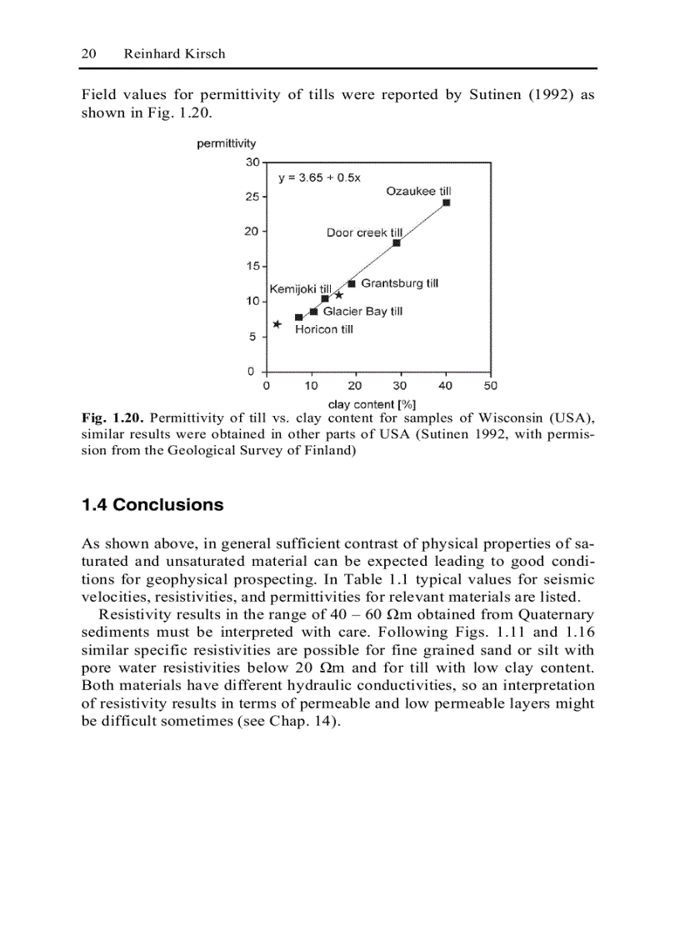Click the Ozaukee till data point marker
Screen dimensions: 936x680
tap(447, 203)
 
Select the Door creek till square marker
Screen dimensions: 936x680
tap(397, 243)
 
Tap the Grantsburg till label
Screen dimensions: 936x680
tap(399, 283)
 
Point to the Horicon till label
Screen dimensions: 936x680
tap(324, 329)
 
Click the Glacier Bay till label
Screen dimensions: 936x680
tap(362, 311)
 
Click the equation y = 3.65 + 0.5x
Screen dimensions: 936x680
tap(319, 178)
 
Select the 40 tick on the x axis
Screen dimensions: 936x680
tap(446, 386)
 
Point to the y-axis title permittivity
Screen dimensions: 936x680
tap(227, 143)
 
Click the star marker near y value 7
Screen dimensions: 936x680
tap(277, 324)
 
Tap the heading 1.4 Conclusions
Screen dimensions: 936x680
tap(152, 505)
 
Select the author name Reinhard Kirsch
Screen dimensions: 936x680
tap(174, 53)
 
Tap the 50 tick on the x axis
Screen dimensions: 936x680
tap(490, 386)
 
